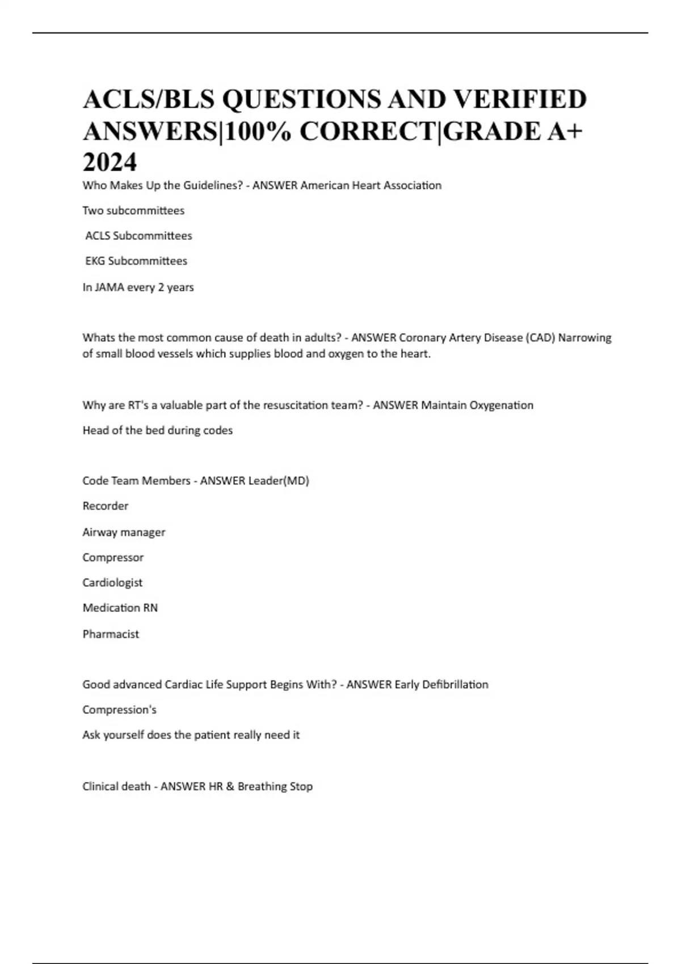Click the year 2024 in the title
click(110, 162)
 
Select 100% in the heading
click(258, 132)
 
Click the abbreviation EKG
click(95, 261)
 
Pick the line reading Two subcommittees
click(133, 211)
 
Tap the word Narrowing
click(585, 338)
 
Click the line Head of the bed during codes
click(157, 430)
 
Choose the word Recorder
click(106, 506)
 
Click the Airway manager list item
click(124, 532)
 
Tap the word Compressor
click(113, 557)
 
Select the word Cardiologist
click(112, 583)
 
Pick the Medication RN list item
click(120, 608)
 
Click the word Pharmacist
click(111, 634)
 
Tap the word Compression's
click(119, 710)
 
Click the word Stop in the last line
click(301, 787)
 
